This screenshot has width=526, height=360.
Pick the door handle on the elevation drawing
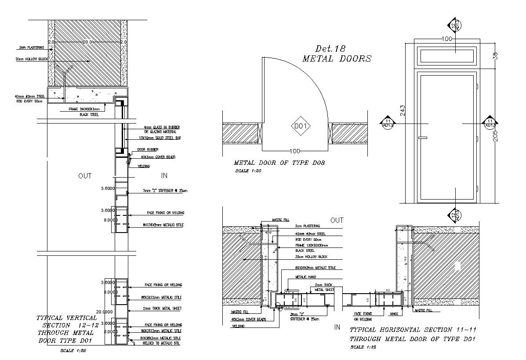[x=423, y=138]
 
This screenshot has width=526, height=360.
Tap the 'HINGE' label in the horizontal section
[x=394, y=314]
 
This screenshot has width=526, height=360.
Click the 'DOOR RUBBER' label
[x=148, y=149]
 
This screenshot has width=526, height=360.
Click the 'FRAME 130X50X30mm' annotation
[x=312, y=245]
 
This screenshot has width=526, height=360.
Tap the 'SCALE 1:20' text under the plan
[x=248, y=171]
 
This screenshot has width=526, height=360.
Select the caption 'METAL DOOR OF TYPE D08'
[x=279, y=163]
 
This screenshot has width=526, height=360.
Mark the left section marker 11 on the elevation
[x=388, y=123]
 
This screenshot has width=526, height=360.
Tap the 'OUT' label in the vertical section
[x=85, y=176]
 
